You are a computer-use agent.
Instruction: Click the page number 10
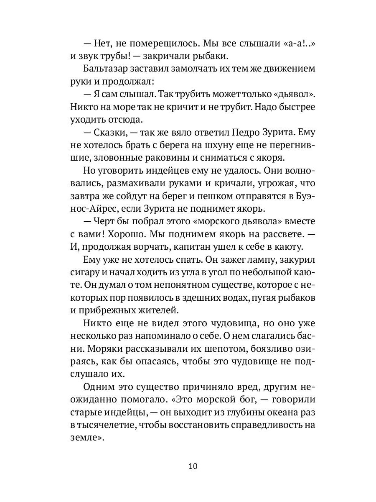point(188,466)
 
